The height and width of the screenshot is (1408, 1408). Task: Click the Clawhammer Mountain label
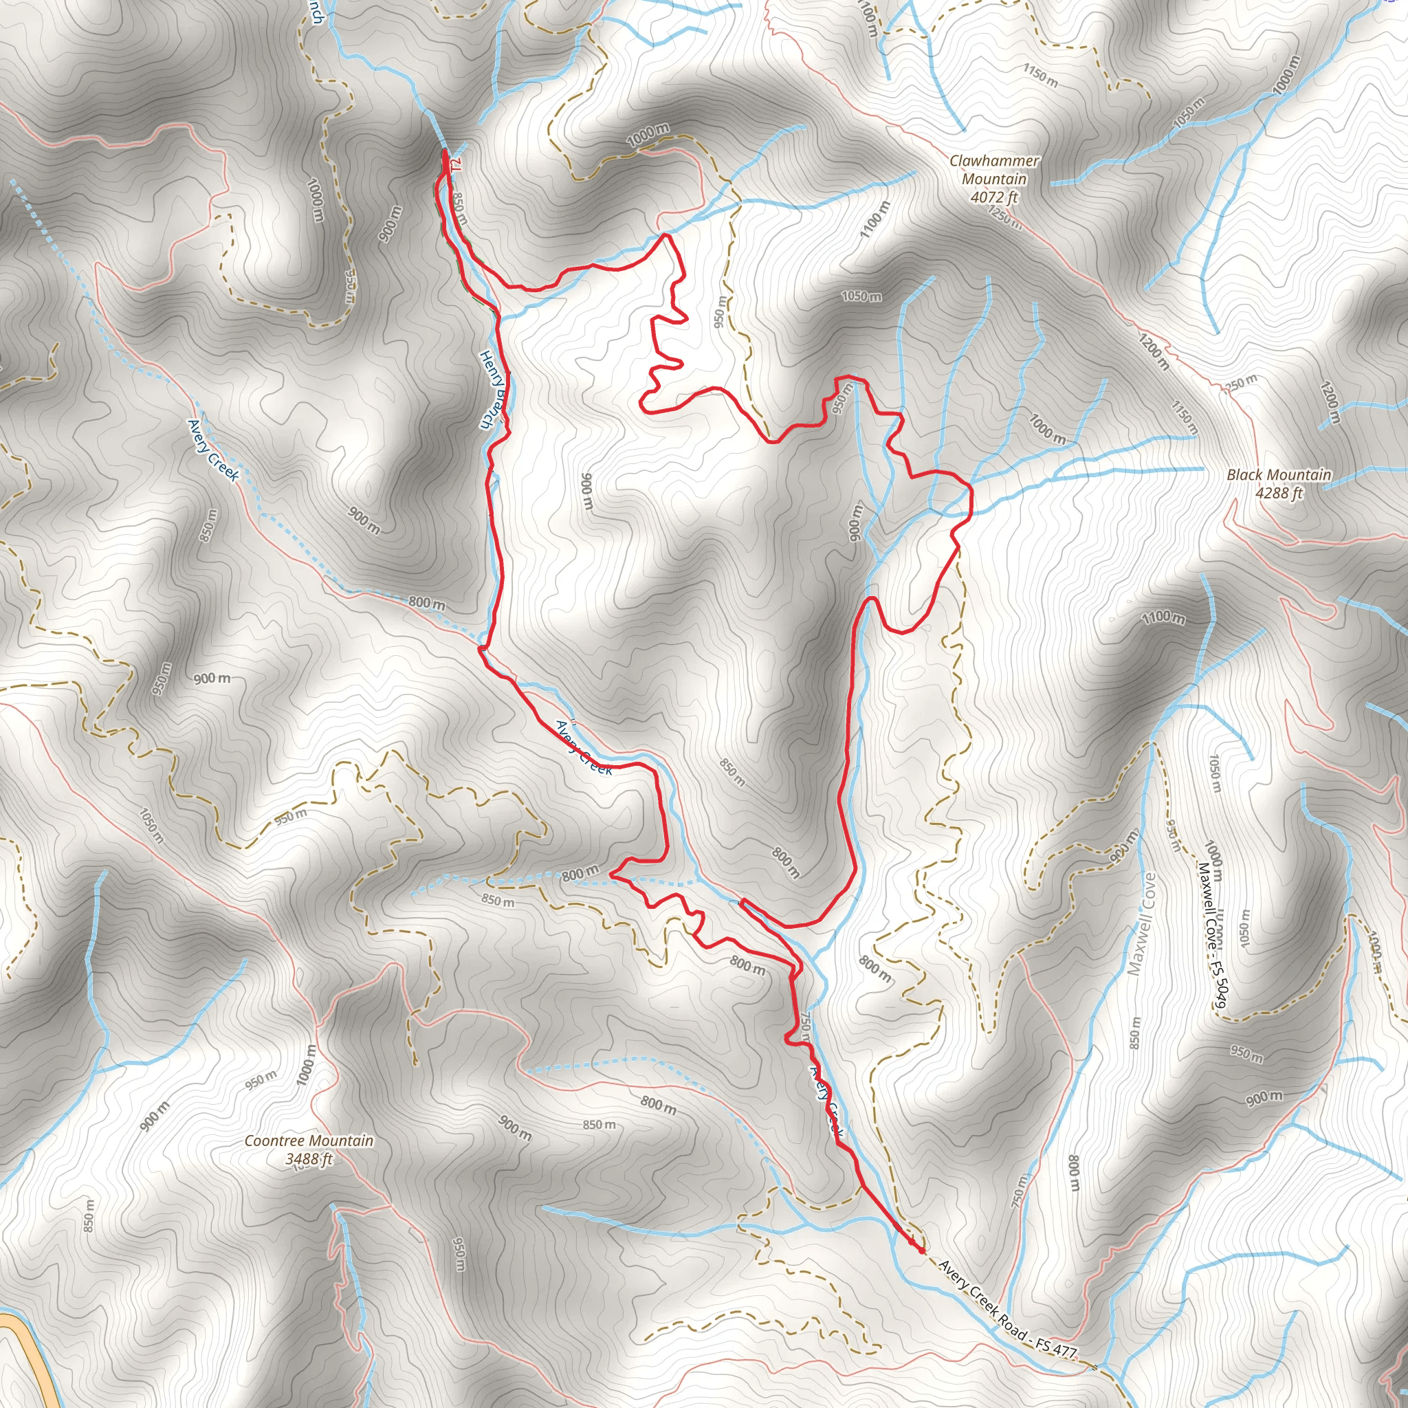(994, 169)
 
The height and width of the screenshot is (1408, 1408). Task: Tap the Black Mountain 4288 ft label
(1279, 484)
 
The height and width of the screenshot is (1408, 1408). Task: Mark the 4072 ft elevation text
(994, 197)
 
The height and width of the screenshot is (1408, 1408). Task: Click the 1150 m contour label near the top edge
(1041, 74)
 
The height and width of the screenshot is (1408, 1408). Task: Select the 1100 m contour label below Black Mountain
(1163, 618)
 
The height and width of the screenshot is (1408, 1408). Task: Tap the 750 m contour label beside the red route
(805, 1023)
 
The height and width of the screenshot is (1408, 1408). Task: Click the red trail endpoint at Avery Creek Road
(923, 1251)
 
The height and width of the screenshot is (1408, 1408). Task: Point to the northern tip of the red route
(445, 151)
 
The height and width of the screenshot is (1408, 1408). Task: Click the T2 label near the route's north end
(456, 165)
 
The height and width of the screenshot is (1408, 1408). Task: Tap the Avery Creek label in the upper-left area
(213, 450)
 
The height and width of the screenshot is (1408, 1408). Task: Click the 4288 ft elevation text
(1279, 494)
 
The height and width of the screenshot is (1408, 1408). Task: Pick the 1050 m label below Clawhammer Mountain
(861, 296)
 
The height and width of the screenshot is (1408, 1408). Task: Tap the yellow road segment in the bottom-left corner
(29, 1356)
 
